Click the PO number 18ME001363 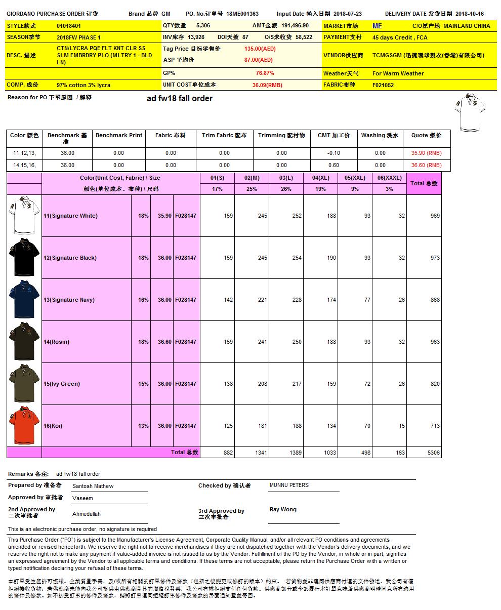[x=242, y=14]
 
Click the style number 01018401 [x=69, y=26]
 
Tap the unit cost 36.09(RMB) [x=267, y=85]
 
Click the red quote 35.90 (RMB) [x=426, y=153]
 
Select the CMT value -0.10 [x=333, y=153]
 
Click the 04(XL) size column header [x=321, y=178]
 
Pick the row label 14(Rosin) [x=57, y=342]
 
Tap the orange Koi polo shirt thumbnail [x=24, y=426]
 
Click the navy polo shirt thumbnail [x=24, y=300]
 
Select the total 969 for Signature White [x=435, y=216]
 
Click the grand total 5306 [x=433, y=453]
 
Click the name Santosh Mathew [x=93, y=486]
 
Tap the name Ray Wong [x=283, y=509]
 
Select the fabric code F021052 [x=383, y=85]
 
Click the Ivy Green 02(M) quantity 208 [x=262, y=384]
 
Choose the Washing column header [x=380, y=135]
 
